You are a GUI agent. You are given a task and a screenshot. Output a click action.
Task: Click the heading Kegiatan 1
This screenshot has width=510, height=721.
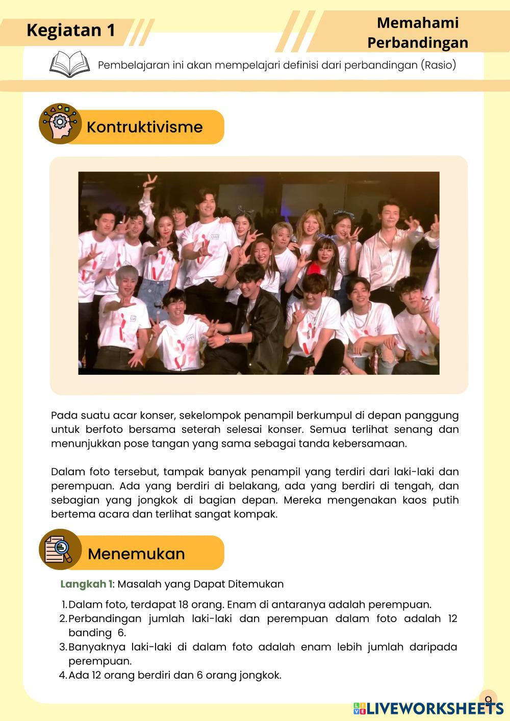coord(70,31)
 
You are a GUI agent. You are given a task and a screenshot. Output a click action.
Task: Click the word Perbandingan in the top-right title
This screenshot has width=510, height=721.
coord(417,42)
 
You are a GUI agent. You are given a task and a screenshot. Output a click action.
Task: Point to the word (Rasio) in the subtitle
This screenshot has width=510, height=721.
coord(438,65)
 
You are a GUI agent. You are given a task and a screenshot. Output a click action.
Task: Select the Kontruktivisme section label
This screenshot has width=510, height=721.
coord(144,127)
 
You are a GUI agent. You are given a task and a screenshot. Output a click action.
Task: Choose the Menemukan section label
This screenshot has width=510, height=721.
coord(136,554)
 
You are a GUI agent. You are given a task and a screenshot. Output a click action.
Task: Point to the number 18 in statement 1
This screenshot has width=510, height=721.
coord(185,605)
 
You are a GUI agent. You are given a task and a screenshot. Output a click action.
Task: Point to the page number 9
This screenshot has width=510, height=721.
coord(488,700)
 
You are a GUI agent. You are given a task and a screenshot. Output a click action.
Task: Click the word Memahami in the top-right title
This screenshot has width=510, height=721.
coord(417,23)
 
